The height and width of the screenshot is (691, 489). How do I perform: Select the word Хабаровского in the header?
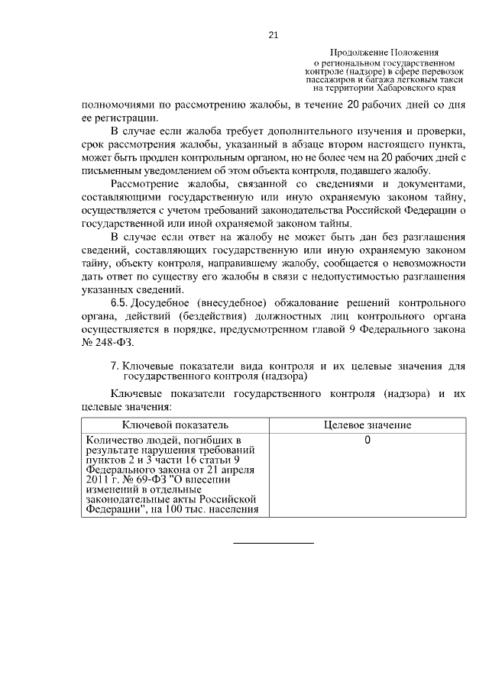tap(398, 89)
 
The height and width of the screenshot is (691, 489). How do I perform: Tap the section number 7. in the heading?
tap(115, 366)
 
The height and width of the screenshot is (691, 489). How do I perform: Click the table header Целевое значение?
tap(368, 424)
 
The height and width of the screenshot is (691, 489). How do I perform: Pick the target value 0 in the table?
tap(368, 441)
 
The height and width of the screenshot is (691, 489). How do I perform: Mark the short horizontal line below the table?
tap(273, 543)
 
